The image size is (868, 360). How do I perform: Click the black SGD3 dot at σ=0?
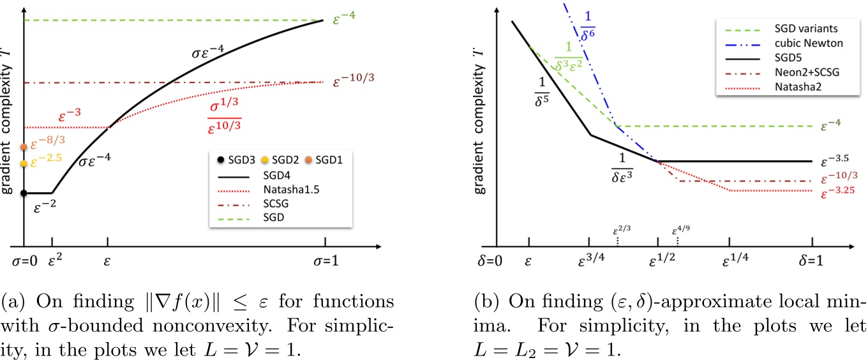pos(24,193)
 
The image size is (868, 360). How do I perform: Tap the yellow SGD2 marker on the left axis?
pos(24,163)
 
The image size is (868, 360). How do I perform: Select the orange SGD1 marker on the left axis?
pos(24,147)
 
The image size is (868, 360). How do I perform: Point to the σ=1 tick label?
pos(325,261)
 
